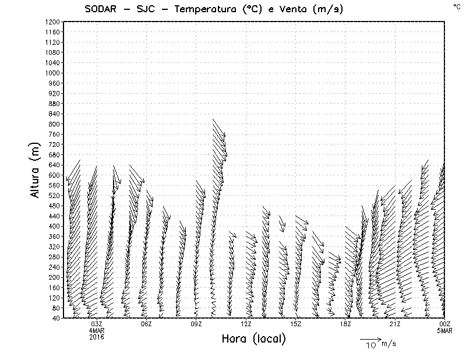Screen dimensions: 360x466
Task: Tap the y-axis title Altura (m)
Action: [36, 170]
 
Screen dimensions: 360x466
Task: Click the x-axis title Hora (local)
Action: [253, 338]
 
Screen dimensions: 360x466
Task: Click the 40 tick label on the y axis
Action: [56, 318]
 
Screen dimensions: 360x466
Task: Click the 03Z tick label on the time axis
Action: [97, 324]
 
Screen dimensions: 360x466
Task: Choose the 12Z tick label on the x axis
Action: [246, 324]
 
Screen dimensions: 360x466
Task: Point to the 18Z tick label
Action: [345, 324]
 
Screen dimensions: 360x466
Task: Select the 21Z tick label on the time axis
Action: [395, 324]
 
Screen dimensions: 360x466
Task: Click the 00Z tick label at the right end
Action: [445, 324]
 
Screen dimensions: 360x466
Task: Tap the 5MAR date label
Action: [445, 330]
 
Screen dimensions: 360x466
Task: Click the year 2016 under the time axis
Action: [97, 337]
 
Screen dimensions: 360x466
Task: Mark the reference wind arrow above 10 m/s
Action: [369, 338]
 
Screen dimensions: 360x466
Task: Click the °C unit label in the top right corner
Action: [457, 6]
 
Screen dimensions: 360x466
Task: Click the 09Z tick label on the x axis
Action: [196, 324]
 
